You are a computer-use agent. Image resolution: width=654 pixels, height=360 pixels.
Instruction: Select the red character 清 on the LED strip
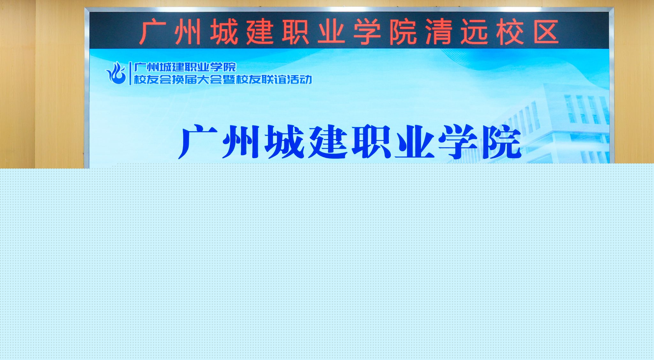coord(438,32)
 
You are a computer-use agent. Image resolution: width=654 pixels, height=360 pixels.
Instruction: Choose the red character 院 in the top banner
coord(403,32)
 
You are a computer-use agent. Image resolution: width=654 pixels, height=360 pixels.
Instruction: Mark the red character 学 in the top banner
coord(367,32)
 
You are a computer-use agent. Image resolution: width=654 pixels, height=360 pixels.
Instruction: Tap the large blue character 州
coord(241,142)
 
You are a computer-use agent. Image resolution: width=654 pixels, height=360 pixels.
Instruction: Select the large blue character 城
coord(284,142)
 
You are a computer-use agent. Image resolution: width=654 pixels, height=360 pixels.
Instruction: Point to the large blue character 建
coord(328,142)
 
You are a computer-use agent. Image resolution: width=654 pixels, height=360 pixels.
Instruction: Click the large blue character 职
coord(371,142)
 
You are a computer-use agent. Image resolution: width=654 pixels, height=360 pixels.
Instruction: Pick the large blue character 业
coord(414,142)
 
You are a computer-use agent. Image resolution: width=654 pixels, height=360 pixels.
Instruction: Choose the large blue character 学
coord(458,142)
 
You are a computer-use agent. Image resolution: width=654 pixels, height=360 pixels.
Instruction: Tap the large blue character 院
coord(501,142)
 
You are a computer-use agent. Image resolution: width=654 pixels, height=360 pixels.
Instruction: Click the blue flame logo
coord(116,73)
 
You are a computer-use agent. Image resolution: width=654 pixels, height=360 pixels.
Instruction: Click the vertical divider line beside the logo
coord(130,73)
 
